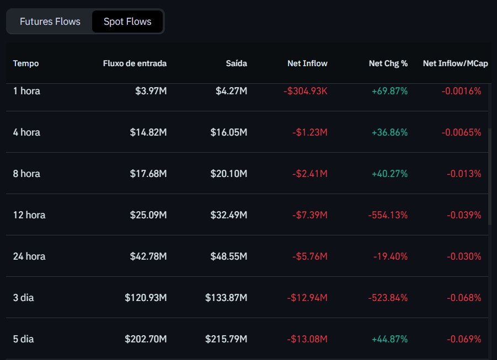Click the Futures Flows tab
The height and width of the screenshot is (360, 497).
coord(50,22)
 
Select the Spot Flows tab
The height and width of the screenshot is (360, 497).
coord(127,22)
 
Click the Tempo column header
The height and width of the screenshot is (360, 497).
coord(26,63)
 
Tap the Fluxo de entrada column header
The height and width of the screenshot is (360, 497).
coord(135,63)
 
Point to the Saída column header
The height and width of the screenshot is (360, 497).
coord(236,63)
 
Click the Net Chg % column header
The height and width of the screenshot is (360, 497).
coord(388,63)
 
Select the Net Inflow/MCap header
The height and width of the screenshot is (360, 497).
coord(455,63)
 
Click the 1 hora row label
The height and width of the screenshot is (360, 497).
coord(26,91)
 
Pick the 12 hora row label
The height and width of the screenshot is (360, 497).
coord(29,215)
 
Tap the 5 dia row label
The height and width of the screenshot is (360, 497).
coord(23,339)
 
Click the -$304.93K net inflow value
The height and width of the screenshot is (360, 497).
coord(306,91)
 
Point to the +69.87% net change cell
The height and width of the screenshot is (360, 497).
coord(389,91)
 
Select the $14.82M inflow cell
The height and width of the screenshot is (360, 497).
coord(148,132)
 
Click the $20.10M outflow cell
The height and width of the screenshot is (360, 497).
coord(228,174)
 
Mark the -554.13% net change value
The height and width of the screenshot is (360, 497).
coord(388,215)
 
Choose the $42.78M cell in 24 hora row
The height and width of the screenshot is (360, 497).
coord(148,256)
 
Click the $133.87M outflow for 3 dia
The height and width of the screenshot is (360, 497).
coord(226,298)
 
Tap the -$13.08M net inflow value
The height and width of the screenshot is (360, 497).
coord(307,339)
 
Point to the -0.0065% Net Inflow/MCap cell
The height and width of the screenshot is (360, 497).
coord(461,132)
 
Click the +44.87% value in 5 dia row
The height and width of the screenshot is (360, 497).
coord(389,339)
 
